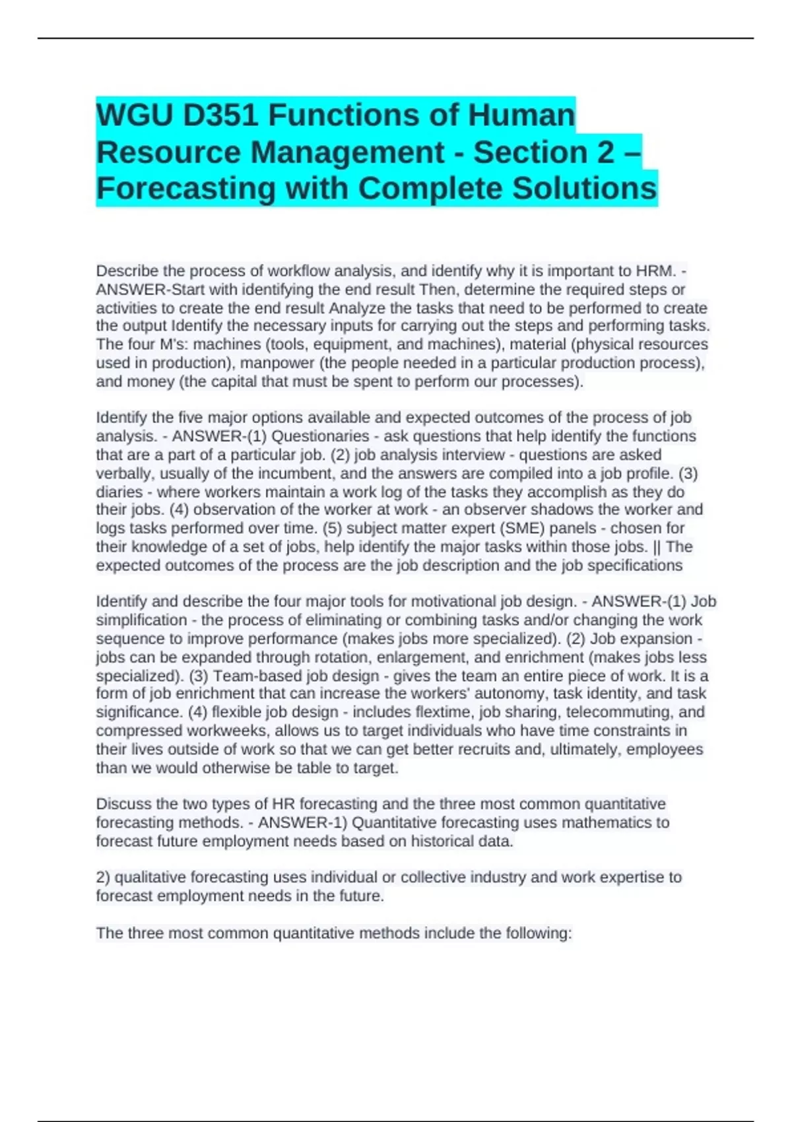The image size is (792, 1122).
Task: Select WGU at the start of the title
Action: (135, 115)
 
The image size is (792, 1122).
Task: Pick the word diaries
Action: (119, 492)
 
